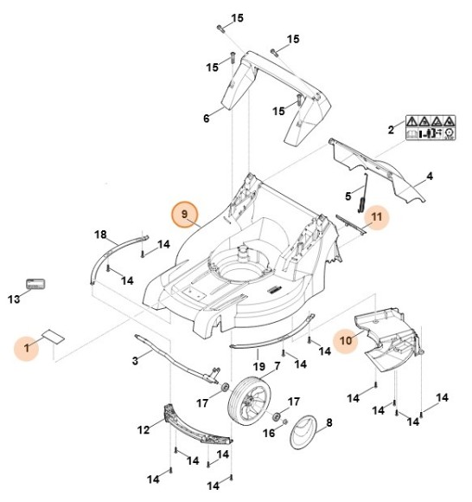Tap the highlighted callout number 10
[x=345, y=340]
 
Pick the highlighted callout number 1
[x=28, y=348]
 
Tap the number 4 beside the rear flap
[x=430, y=177]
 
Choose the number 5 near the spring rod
[x=348, y=196]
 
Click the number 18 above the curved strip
[x=100, y=235]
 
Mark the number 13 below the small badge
[x=13, y=299]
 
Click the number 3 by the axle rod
[x=135, y=359]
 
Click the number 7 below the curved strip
[x=277, y=365]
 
